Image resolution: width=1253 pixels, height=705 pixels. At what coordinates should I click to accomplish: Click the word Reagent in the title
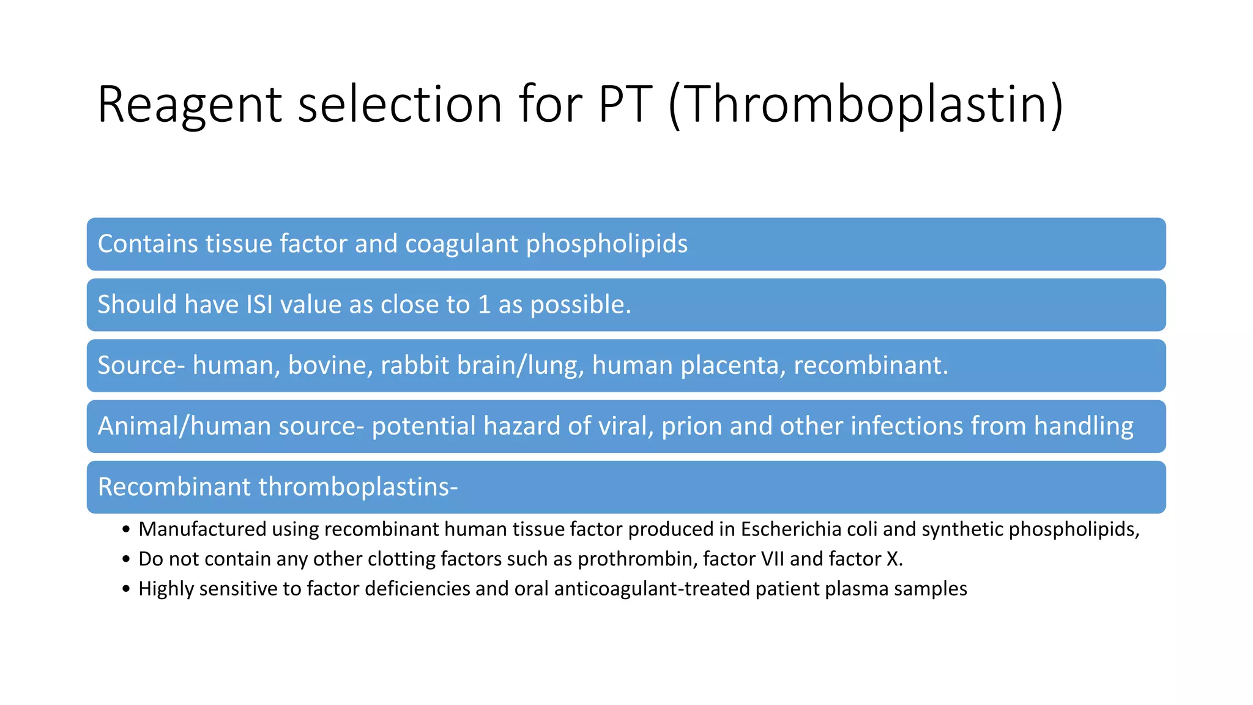coord(189,105)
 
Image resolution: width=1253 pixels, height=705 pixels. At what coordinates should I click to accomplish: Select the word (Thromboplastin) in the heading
coord(866,105)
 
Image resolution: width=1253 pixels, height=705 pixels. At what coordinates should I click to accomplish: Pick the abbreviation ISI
coord(259,304)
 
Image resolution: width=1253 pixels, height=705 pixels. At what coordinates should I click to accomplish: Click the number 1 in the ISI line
coord(485,304)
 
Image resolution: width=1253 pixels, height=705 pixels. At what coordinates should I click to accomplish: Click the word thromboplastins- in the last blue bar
coord(358,487)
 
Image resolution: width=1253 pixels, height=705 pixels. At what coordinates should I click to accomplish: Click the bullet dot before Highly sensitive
coord(126,589)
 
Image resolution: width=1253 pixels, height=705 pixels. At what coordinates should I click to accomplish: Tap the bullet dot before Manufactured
coord(126,529)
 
